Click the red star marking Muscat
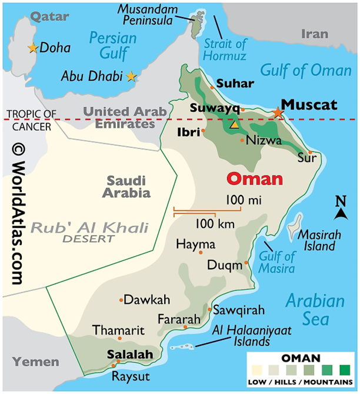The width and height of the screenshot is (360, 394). [x=278, y=112]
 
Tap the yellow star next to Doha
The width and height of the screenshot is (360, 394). [x=32, y=47]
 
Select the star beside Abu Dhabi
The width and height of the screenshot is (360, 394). [x=131, y=76]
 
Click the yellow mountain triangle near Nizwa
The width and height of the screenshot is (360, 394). [x=235, y=125]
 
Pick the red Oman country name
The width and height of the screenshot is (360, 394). [x=255, y=178]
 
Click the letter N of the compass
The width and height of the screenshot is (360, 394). [x=341, y=201]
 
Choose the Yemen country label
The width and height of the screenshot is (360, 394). [x=36, y=362]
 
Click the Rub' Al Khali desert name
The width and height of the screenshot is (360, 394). [x=90, y=228]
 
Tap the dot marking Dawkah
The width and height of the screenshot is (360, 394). [x=122, y=300]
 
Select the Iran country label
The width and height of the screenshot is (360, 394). [x=314, y=34]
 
